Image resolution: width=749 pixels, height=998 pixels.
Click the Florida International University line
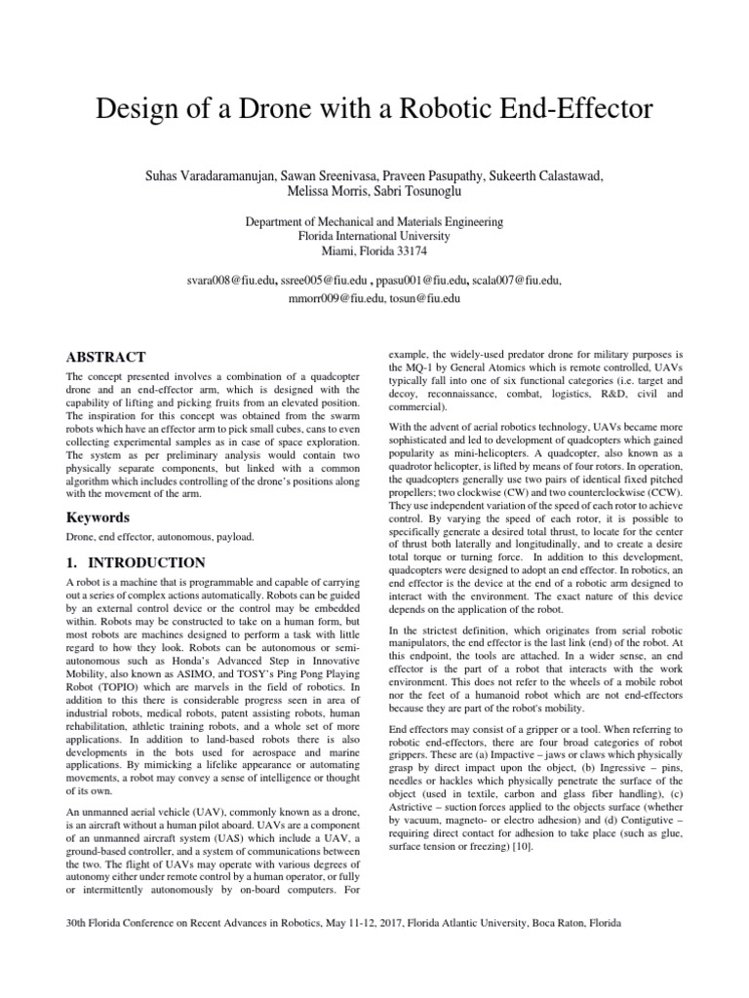(374, 237)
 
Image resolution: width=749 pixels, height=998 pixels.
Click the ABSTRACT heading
(105, 358)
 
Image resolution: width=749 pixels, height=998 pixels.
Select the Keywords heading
(99, 517)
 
